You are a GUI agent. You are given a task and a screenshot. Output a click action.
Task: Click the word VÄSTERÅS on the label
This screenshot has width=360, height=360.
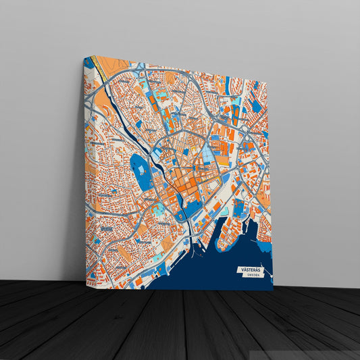point(249,269)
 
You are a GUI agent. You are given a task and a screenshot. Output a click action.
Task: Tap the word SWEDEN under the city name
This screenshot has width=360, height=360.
point(252,276)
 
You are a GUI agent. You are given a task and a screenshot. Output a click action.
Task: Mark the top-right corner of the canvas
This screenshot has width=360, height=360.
point(267,84)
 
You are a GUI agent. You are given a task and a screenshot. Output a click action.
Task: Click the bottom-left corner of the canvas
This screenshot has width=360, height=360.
point(86,286)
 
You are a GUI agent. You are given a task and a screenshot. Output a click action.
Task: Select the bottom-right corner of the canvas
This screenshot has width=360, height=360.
point(273,290)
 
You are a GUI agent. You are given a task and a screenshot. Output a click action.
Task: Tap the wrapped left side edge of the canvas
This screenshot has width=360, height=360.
point(85,169)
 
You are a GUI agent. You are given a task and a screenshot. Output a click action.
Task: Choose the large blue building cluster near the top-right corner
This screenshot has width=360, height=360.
point(256,105)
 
